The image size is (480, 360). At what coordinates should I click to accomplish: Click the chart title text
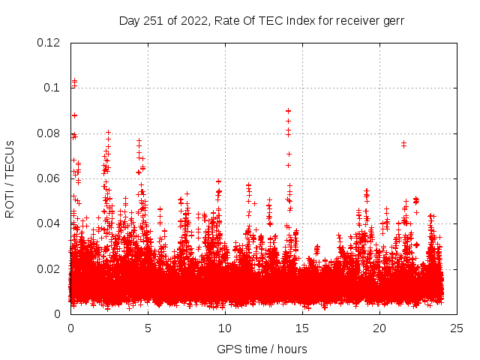[262, 21]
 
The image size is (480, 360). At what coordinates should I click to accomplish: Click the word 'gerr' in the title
[392, 21]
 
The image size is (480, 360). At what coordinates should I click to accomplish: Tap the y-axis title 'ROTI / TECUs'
[10, 178]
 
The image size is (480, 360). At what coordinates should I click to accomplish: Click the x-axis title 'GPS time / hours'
[262, 349]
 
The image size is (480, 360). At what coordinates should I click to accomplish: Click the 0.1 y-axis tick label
[52, 88]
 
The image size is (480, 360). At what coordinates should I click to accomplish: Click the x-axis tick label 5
[148, 328]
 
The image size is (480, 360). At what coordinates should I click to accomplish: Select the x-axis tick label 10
[225, 328]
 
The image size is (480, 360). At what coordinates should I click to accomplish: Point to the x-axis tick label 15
[302, 328]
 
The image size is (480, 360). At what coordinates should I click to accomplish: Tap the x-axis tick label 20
[379, 328]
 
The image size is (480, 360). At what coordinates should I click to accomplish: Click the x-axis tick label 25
[457, 328]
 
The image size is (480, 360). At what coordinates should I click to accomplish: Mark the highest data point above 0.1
[74, 80]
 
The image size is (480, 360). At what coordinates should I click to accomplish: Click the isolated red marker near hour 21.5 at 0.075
[403, 143]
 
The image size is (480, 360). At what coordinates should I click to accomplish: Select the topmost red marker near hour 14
[288, 110]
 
